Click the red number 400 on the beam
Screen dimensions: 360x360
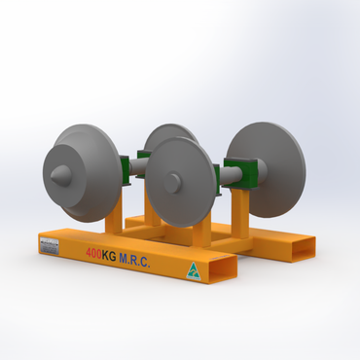93,255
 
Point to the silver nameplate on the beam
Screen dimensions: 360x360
51,248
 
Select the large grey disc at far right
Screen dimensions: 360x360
269,169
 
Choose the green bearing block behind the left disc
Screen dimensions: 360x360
124,173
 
